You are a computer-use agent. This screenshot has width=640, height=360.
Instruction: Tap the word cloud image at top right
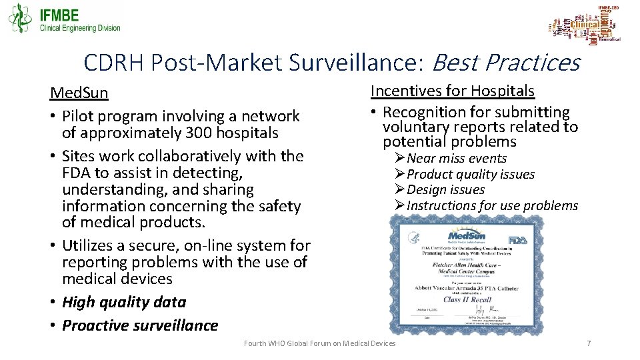[x=585, y=25]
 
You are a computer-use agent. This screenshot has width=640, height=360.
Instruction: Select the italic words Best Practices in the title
[x=506, y=63]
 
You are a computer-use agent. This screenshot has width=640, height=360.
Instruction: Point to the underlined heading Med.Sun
[x=79, y=93]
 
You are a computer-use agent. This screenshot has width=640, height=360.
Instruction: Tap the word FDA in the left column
[x=77, y=173]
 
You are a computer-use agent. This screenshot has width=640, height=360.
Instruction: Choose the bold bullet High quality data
[x=124, y=302]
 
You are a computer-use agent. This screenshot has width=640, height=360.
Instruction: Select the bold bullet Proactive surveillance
[x=140, y=325]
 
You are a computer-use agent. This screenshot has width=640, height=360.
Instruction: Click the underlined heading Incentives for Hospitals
[x=453, y=91]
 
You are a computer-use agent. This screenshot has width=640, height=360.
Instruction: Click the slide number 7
[x=588, y=343]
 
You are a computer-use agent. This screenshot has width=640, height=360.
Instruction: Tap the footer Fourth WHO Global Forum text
[x=319, y=343]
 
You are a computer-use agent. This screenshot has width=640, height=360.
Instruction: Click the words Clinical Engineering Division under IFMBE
[x=80, y=28]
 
